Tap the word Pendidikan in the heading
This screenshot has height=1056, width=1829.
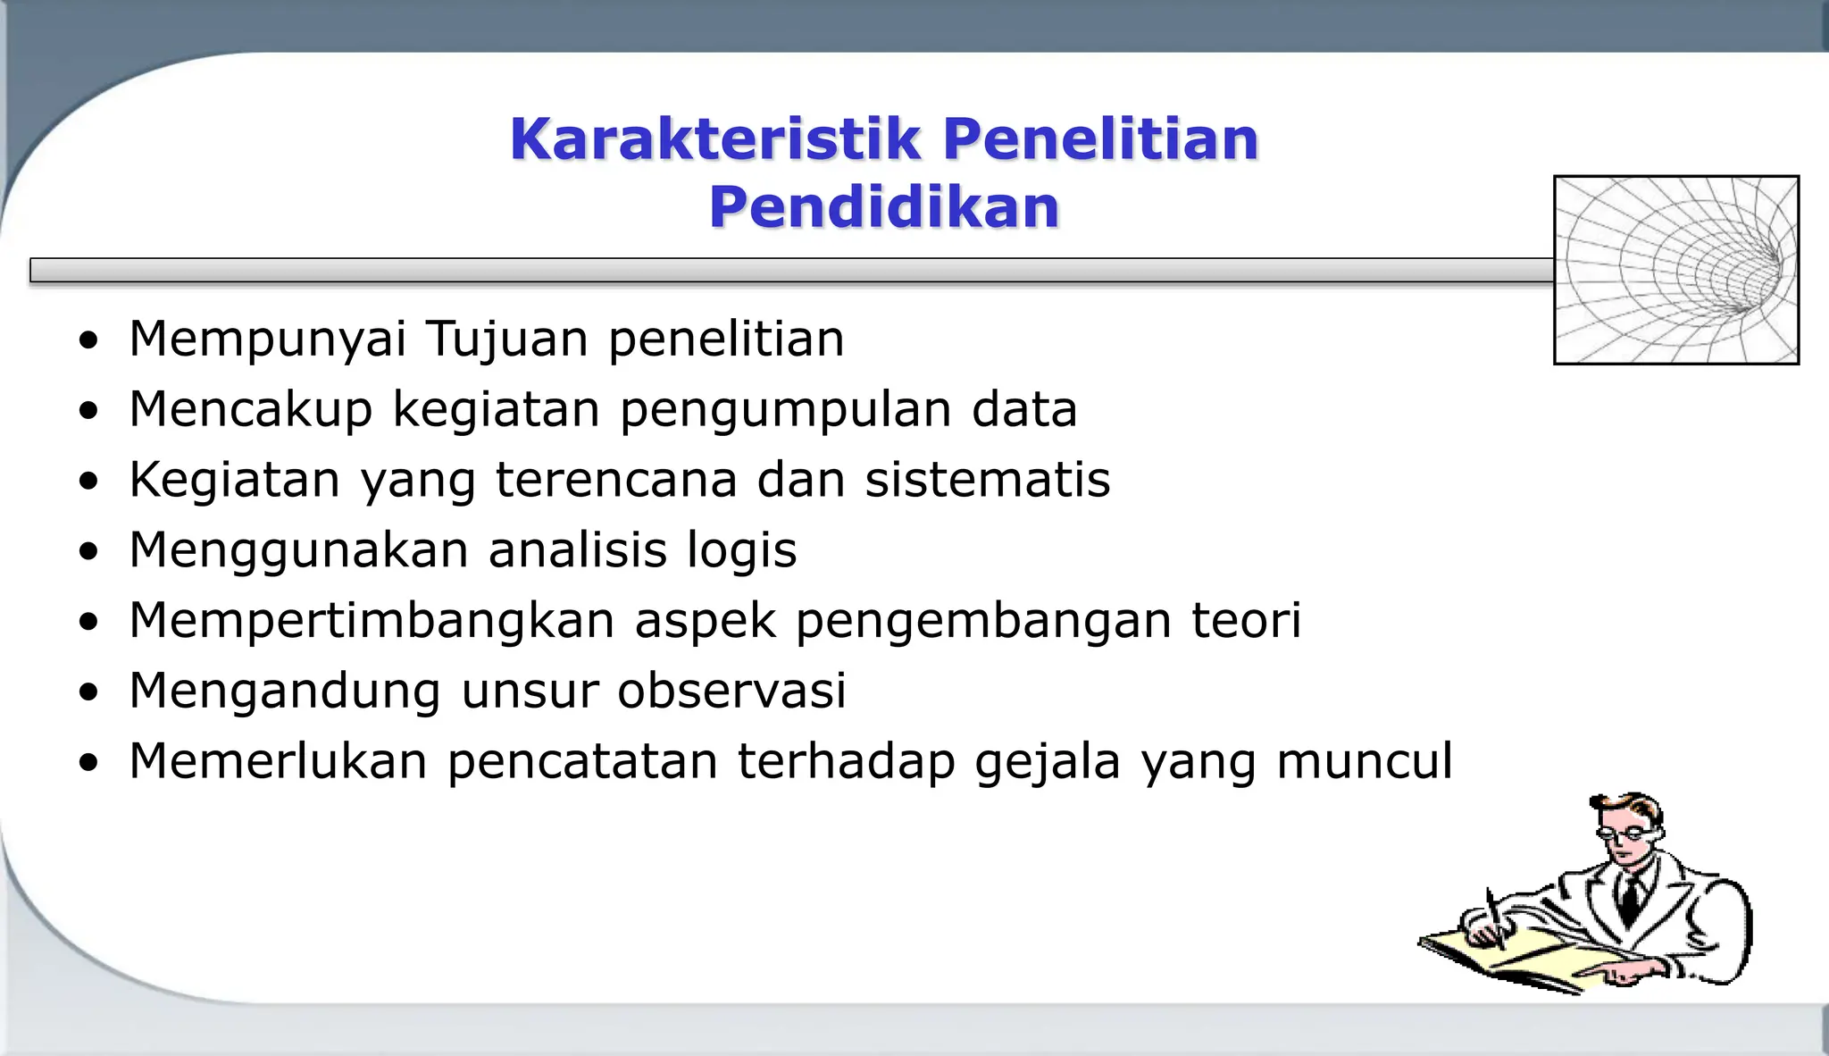point(884,208)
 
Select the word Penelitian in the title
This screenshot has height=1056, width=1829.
point(1100,140)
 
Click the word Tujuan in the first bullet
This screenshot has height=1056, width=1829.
point(506,339)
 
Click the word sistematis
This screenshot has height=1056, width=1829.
point(988,480)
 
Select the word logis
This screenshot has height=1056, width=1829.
point(741,550)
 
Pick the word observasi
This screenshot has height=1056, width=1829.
point(731,691)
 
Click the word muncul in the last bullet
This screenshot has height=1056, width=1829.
point(1365,761)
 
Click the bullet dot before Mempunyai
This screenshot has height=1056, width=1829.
point(88,341)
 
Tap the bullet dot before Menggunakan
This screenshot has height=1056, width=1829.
point(88,552)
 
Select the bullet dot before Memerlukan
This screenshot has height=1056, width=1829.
point(88,764)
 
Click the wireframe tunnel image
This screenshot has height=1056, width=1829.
point(1676,270)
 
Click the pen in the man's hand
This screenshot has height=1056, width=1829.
point(1494,916)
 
